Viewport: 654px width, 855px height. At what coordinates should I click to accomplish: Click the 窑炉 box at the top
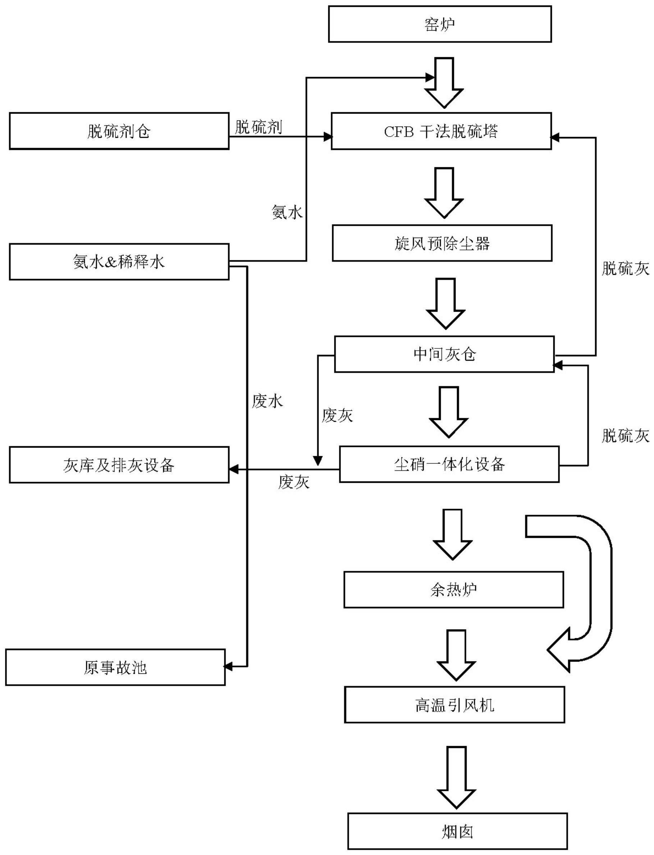click(x=440, y=24)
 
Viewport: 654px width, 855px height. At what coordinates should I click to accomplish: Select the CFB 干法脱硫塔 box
click(x=441, y=131)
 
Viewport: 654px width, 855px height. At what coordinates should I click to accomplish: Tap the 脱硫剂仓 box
click(x=119, y=131)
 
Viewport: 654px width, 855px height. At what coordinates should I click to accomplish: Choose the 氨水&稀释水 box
click(x=119, y=262)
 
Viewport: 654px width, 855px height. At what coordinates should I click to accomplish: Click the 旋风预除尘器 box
click(x=442, y=243)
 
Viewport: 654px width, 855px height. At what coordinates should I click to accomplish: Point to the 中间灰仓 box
click(x=444, y=354)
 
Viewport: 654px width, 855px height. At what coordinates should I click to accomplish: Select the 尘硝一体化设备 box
click(x=449, y=464)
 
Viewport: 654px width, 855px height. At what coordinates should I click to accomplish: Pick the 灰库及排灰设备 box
click(x=119, y=465)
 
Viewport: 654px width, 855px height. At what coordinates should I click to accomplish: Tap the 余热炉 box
click(x=453, y=590)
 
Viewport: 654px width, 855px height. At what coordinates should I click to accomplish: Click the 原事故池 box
click(x=115, y=667)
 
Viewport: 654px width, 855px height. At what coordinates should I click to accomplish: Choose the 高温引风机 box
click(x=454, y=705)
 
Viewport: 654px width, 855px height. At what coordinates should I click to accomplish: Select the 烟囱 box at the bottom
click(x=457, y=831)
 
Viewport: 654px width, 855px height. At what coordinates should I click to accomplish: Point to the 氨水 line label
click(x=287, y=212)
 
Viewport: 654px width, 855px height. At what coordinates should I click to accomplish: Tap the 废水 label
click(x=267, y=401)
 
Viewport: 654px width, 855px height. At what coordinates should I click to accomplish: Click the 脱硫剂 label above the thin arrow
click(x=259, y=127)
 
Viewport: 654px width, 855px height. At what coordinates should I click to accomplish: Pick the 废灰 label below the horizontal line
click(x=293, y=483)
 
